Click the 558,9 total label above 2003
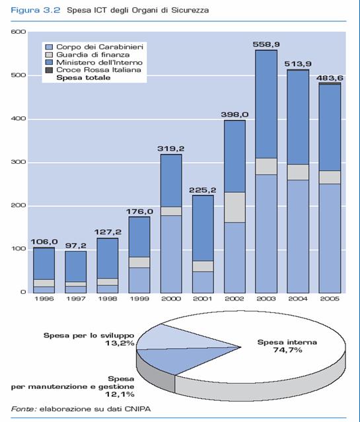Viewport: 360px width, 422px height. [x=266, y=44]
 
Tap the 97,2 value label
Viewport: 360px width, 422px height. [x=76, y=246]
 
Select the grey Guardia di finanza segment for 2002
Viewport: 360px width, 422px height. [x=234, y=207]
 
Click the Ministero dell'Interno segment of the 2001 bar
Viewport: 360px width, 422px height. [x=203, y=229]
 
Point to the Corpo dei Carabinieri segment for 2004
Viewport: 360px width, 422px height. [x=298, y=236]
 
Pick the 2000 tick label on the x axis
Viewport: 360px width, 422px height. [x=170, y=299]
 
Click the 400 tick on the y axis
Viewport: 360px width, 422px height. [x=18, y=118]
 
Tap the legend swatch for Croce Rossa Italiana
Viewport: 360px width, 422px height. [x=49, y=70]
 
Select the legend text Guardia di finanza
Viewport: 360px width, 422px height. [x=93, y=55]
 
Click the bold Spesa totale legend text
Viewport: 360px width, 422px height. [x=83, y=78]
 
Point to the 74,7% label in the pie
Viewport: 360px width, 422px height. [x=287, y=350]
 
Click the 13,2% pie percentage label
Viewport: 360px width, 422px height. [x=120, y=343]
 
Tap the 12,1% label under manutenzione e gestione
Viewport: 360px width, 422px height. [x=120, y=394]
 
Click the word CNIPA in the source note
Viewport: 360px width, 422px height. [x=137, y=409]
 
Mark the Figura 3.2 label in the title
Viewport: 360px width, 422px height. [x=35, y=11]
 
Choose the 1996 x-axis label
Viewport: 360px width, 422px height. [x=44, y=299]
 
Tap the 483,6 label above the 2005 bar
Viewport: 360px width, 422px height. [x=330, y=78]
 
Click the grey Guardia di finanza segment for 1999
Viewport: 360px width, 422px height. [x=139, y=262]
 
